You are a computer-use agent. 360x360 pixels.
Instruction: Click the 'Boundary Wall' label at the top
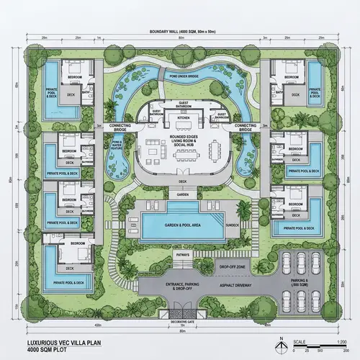(180, 32)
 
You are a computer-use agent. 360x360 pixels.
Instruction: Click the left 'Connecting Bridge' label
(120, 126)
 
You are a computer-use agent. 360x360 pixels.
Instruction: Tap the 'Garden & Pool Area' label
(180, 225)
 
